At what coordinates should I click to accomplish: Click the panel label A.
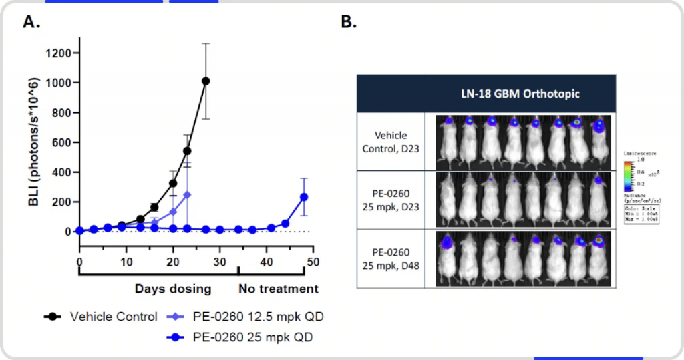coord(31,22)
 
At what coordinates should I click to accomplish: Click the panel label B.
coord(349,22)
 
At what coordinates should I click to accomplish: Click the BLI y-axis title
coord(33,142)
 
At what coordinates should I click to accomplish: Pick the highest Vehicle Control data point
coord(206,81)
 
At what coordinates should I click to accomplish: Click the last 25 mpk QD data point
coord(304,196)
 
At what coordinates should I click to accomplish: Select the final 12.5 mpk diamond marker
coord(187,194)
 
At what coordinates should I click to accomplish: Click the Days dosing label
coord(173,289)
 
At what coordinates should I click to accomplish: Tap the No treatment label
coord(279,289)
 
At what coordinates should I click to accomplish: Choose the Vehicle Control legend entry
coord(100,316)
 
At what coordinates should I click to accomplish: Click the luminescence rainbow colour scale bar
coord(627,172)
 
